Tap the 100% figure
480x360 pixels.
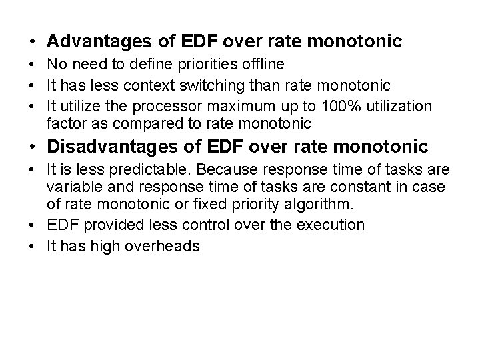coord(339,107)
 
